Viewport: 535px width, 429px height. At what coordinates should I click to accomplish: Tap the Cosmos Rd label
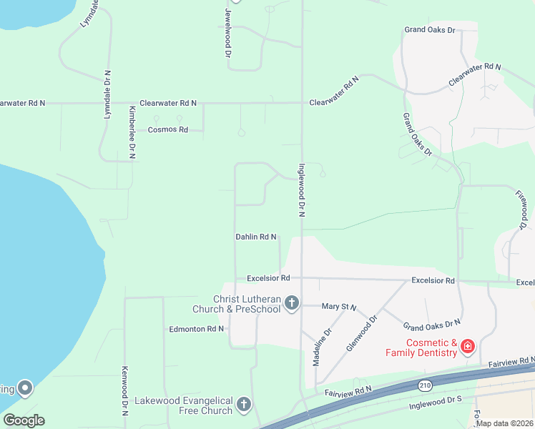tap(167, 130)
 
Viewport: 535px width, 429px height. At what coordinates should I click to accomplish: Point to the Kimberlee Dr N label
tap(132, 132)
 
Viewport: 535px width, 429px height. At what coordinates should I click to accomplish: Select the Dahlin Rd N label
tap(256, 237)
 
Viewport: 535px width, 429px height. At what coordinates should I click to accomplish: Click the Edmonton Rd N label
tap(197, 329)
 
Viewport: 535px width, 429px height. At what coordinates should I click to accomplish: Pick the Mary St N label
tap(339, 307)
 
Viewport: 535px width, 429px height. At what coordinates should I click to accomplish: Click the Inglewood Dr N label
tap(302, 189)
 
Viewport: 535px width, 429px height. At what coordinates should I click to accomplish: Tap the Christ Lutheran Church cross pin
tap(291, 304)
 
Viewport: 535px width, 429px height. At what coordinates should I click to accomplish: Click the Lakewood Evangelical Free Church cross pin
tap(244, 405)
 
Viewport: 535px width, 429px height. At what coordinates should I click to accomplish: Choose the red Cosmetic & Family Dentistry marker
tap(468, 347)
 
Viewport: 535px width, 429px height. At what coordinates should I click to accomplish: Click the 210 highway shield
tap(424, 386)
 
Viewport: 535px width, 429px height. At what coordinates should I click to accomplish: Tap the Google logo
tap(24, 420)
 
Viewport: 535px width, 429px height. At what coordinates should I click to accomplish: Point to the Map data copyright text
tap(505, 423)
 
